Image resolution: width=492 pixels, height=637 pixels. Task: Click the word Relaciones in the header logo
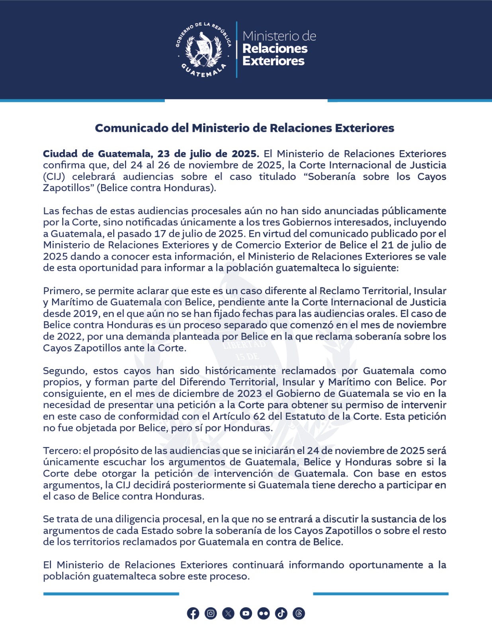point(275,49)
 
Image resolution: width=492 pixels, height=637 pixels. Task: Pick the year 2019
point(84,314)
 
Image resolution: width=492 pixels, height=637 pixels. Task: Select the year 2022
point(70,336)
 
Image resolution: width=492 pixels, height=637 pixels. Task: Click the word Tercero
point(62,451)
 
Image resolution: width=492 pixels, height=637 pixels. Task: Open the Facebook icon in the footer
point(193,614)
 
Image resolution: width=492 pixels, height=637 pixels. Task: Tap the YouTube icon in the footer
point(246,614)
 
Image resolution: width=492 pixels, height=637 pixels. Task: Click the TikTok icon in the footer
point(281,614)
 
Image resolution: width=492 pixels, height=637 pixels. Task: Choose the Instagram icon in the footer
point(211,614)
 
